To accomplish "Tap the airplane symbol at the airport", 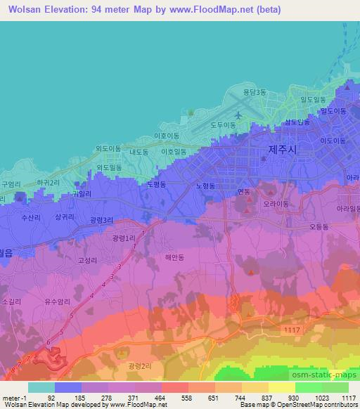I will (238, 115).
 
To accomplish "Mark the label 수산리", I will (33, 217).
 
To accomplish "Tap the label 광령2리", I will (140, 367).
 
